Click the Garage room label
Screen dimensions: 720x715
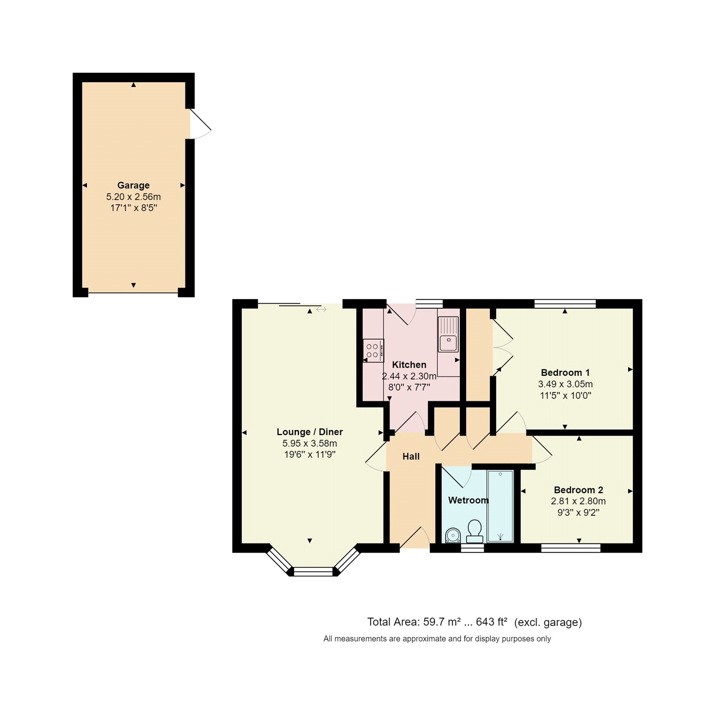(133, 185)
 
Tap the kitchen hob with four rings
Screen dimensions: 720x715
(373, 351)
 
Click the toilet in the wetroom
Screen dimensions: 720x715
(474, 531)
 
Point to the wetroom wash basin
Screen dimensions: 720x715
(453, 535)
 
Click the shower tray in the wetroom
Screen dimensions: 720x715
(500, 506)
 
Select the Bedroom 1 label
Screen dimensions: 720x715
(565, 373)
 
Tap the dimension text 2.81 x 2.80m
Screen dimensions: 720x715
(578, 501)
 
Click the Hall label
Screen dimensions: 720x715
(411, 457)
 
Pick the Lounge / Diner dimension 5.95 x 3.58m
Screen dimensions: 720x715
(310, 443)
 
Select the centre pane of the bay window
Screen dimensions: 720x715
(313, 572)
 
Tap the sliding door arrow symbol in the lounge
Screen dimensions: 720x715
(321, 309)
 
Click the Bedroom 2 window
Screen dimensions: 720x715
(571, 548)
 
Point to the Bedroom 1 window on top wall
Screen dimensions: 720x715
(565, 304)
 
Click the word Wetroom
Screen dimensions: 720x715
(468, 500)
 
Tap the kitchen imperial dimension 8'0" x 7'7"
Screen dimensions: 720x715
(409, 387)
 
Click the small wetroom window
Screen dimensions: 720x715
(472, 548)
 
